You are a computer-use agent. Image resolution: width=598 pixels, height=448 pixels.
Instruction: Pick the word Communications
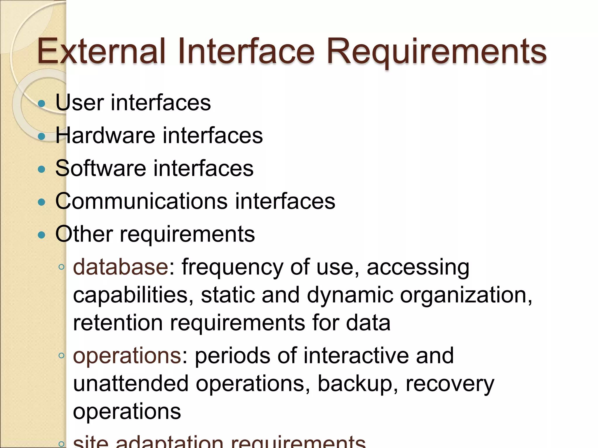[x=141, y=201]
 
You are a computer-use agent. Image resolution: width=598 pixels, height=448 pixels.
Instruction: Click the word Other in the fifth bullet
[x=84, y=234]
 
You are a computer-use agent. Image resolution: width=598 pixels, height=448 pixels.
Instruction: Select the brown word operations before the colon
[x=127, y=356]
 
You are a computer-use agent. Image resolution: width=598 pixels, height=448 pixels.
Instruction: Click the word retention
[x=118, y=323]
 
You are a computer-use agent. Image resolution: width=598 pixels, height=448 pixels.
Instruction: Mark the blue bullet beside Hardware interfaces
[x=42, y=136]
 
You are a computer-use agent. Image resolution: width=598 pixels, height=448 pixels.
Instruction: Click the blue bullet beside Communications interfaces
[x=42, y=202]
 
